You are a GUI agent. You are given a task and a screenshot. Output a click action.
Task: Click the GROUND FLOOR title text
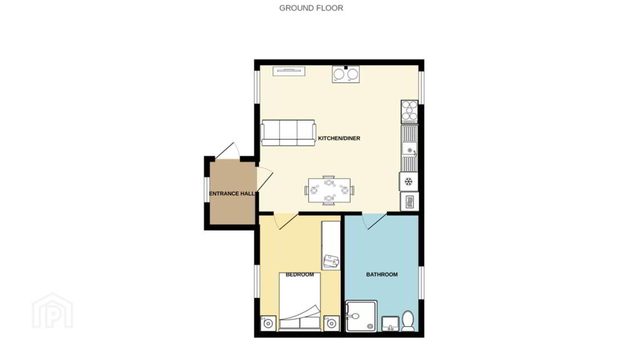(x=311, y=7)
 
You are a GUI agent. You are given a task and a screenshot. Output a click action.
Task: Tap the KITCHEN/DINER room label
(x=339, y=138)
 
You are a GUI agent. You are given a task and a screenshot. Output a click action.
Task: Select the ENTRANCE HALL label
(x=232, y=194)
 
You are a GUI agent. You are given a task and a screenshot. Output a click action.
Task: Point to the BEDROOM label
(x=299, y=275)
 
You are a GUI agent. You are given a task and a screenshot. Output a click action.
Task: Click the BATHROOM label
(x=382, y=275)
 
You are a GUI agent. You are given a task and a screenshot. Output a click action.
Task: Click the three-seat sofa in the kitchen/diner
(x=288, y=132)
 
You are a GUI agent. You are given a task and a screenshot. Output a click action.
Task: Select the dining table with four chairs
(x=329, y=190)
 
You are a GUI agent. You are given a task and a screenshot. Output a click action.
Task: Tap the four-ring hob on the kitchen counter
(x=409, y=112)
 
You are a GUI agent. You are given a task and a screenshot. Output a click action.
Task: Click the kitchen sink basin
(x=409, y=149)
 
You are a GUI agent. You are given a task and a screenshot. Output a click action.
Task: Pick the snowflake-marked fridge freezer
(x=409, y=181)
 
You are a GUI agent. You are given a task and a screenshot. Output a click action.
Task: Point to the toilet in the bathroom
(x=407, y=321)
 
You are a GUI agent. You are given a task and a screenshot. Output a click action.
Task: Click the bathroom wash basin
(x=391, y=324)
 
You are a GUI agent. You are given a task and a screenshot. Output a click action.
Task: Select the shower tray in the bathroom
(x=361, y=316)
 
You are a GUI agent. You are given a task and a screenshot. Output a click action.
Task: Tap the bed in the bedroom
(x=299, y=301)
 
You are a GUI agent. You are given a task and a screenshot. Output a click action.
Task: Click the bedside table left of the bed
(x=267, y=323)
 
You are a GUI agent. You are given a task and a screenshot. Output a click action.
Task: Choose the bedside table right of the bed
(x=331, y=323)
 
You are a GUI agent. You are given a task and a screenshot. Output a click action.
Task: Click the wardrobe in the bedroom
(x=331, y=245)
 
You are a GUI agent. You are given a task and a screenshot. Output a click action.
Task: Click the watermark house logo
(x=52, y=310)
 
